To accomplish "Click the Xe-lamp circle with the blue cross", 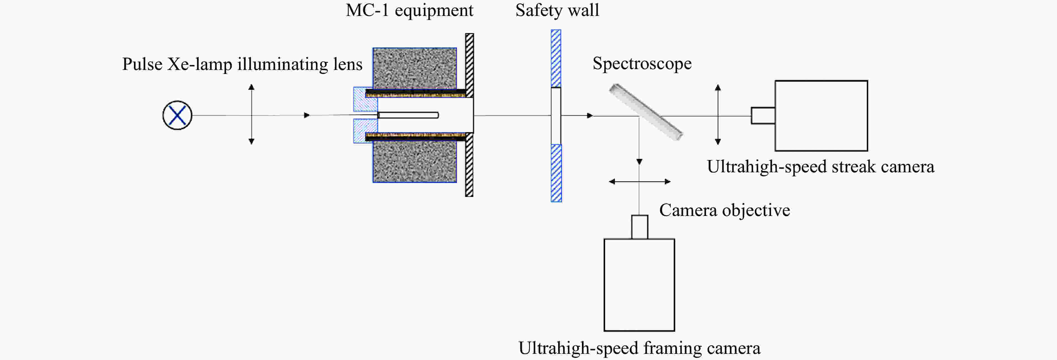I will coord(177,115).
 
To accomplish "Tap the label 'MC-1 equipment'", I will coord(409,11).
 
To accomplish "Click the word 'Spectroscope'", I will coord(642,63).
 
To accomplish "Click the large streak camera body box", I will coord(821,116).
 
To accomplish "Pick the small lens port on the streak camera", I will coord(763,116).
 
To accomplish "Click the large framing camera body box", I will coord(639,284).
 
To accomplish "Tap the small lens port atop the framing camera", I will coord(639,227).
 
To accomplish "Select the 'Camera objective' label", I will coord(724,210).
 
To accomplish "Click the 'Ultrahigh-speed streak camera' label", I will coord(820,167).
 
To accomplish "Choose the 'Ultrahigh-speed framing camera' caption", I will coord(639,348).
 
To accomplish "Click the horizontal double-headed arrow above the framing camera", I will coord(639,182).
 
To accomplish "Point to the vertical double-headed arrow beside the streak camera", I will coord(717,115).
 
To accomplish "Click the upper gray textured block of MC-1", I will coord(414,68).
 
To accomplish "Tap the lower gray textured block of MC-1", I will coord(414,161).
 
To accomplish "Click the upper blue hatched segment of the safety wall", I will coord(556,58).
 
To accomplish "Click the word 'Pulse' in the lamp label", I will coord(142,64).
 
